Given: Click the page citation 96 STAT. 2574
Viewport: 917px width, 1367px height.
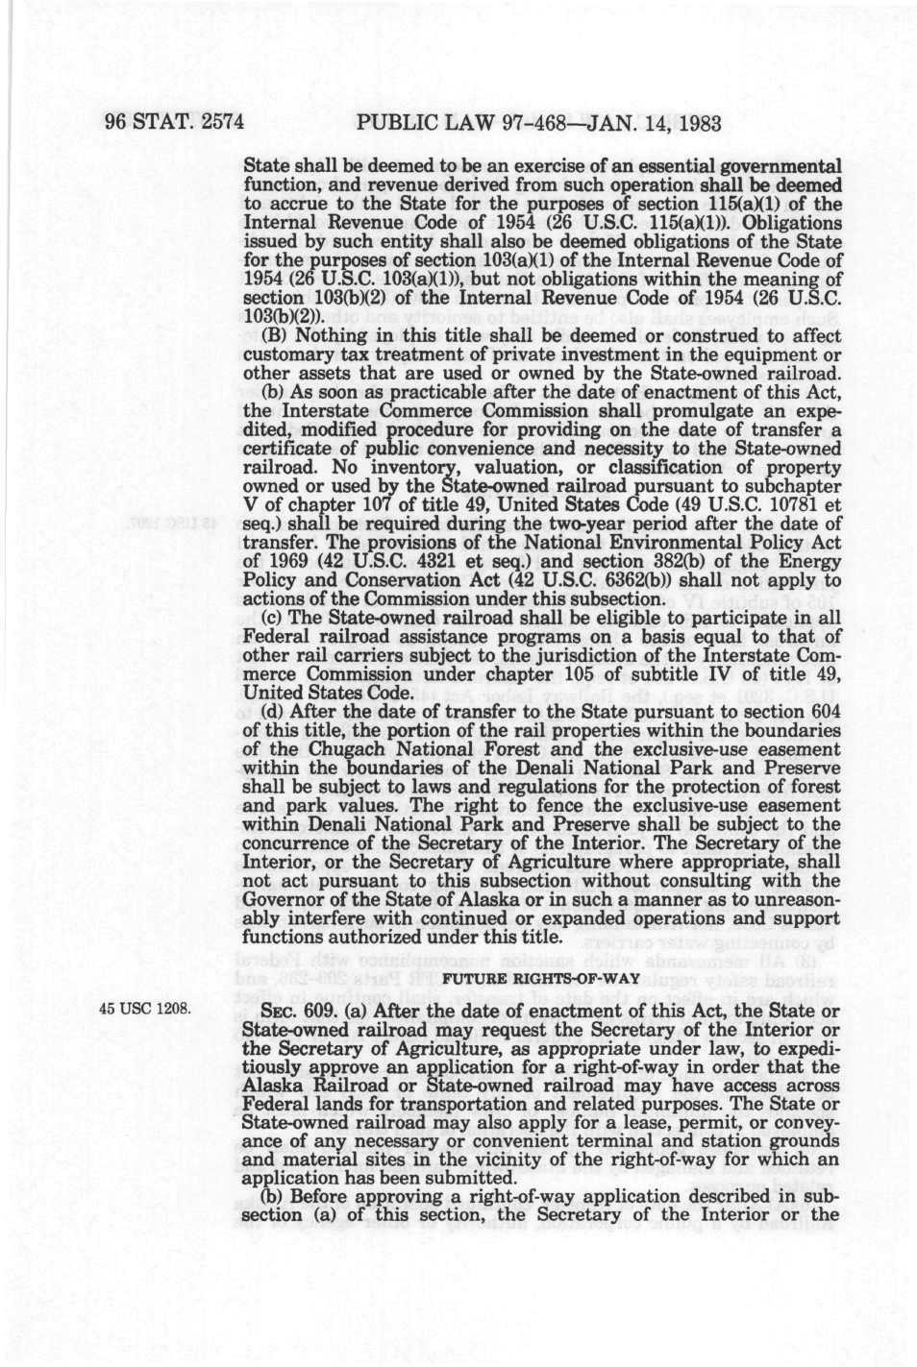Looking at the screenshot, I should click(x=174, y=123).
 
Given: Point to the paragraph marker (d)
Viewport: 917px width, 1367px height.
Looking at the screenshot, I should click(x=275, y=712).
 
